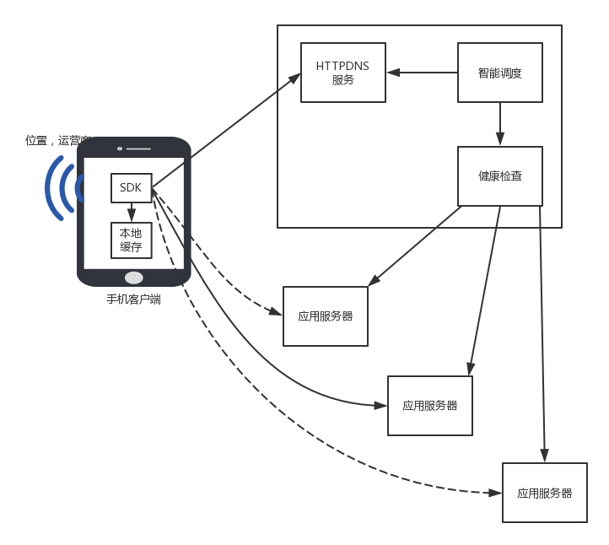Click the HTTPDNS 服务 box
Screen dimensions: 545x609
[343, 73]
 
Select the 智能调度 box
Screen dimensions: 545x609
[499, 73]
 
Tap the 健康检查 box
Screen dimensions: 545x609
[499, 175]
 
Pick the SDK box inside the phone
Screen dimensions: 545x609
[131, 187]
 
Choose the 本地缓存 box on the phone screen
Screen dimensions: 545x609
[131, 240]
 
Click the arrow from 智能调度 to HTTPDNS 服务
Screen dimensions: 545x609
[422, 73]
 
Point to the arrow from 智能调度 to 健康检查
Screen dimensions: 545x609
[500, 124]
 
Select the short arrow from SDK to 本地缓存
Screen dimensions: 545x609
[131, 212]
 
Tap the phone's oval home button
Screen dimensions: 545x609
[133, 278]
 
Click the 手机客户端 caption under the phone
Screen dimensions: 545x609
[133, 299]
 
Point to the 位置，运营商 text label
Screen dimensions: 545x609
[58, 140]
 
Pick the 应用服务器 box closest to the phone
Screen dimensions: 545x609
[326, 316]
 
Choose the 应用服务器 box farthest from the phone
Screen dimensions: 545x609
[545, 493]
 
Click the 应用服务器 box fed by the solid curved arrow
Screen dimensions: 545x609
[430, 406]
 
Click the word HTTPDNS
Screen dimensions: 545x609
[343, 66]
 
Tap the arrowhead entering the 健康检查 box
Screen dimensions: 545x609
[500, 142]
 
